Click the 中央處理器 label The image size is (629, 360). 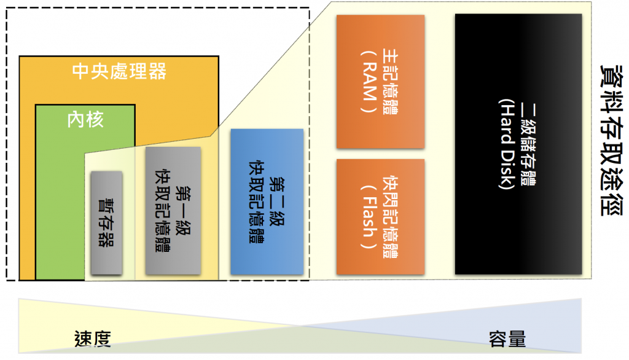pyautogui.click(x=119, y=71)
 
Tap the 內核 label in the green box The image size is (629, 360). pyautogui.click(x=85, y=119)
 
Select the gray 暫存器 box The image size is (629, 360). pyautogui.click(x=106, y=222)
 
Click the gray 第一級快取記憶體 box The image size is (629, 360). pyautogui.click(x=173, y=210)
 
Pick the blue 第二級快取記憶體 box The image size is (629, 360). pyautogui.click(x=267, y=202)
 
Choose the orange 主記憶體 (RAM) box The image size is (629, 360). pyautogui.click(x=380, y=81)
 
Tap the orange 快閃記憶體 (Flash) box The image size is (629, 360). pyautogui.click(x=380, y=216)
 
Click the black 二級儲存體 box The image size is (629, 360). pyautogui.click(x=518, y=144)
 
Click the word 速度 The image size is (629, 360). pyautogui.click(x=92, y=337)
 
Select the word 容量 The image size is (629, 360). pyautogui.click(x=507, y=337)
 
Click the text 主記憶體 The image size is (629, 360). pyautogui.click(x=390, y=81)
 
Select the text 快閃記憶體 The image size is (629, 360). pyautogui.click(x=390, y=216)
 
